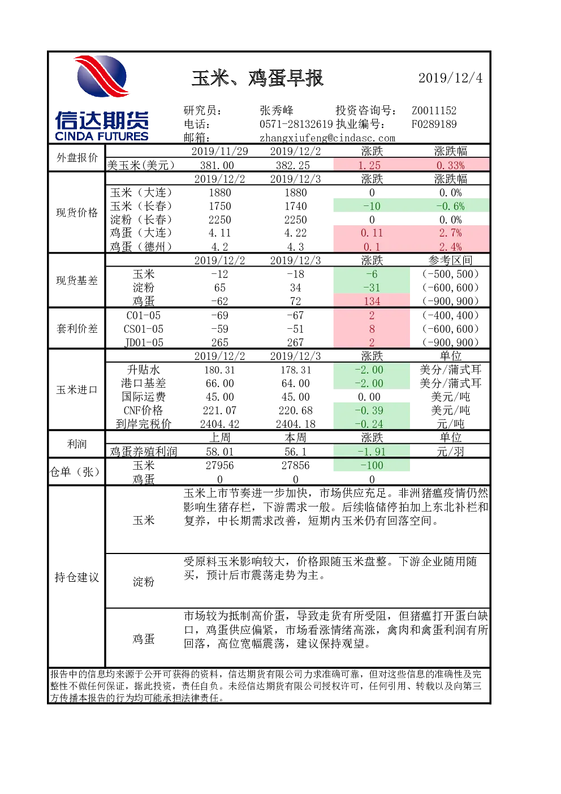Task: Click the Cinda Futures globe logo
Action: point(102,76)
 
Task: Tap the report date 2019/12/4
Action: point(451,78)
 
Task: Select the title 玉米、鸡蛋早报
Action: point(257,78)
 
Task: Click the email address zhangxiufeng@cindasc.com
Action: point(327,138)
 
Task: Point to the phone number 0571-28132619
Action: point(296,124)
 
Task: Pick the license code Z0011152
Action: point(434,110)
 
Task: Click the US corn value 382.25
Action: point(293,165)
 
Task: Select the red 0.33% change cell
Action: point(450,165)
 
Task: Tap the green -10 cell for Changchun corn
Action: point(372,206)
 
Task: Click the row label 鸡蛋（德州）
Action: point(141,246)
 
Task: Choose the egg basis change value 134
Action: point(372,301)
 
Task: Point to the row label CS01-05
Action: point(144,329)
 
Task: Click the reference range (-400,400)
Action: point(450,315)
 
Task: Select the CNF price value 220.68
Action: point(295,410)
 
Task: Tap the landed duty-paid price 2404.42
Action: point(219,424)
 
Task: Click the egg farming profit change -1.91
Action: point(372,451)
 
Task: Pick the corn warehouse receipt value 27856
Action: point(295,465)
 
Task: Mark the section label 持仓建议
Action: point(77,577)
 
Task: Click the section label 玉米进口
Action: point(77,390)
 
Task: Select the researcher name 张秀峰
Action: point(277,110)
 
